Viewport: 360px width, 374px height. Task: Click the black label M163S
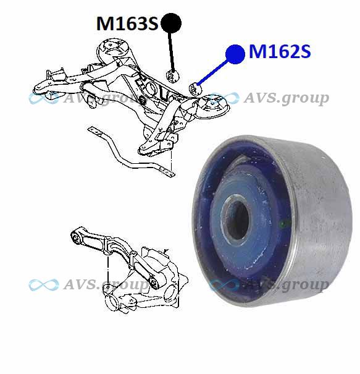(x=127, y=23)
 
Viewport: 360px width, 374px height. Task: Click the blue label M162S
(x=280, y=51)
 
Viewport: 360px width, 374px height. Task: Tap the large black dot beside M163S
(x=171, y=23)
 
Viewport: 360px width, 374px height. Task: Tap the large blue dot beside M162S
(x=235, y=54)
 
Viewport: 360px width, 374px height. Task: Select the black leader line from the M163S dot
(x=171, y=52)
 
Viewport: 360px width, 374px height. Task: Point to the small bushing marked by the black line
(x=173, y=76)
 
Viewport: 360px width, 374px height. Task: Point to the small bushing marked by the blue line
(x=195, y=89)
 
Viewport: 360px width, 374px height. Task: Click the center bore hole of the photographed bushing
(x=237, y=219)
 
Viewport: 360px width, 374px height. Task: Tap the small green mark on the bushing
(x=283, y=224)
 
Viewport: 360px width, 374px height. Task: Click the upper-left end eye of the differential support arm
(x=76, y=238)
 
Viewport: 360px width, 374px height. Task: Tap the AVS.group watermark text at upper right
(x=286, y=98)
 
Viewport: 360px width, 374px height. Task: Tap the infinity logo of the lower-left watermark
(x=44, y=285)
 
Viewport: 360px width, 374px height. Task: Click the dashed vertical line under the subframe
(x=171, y=160)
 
